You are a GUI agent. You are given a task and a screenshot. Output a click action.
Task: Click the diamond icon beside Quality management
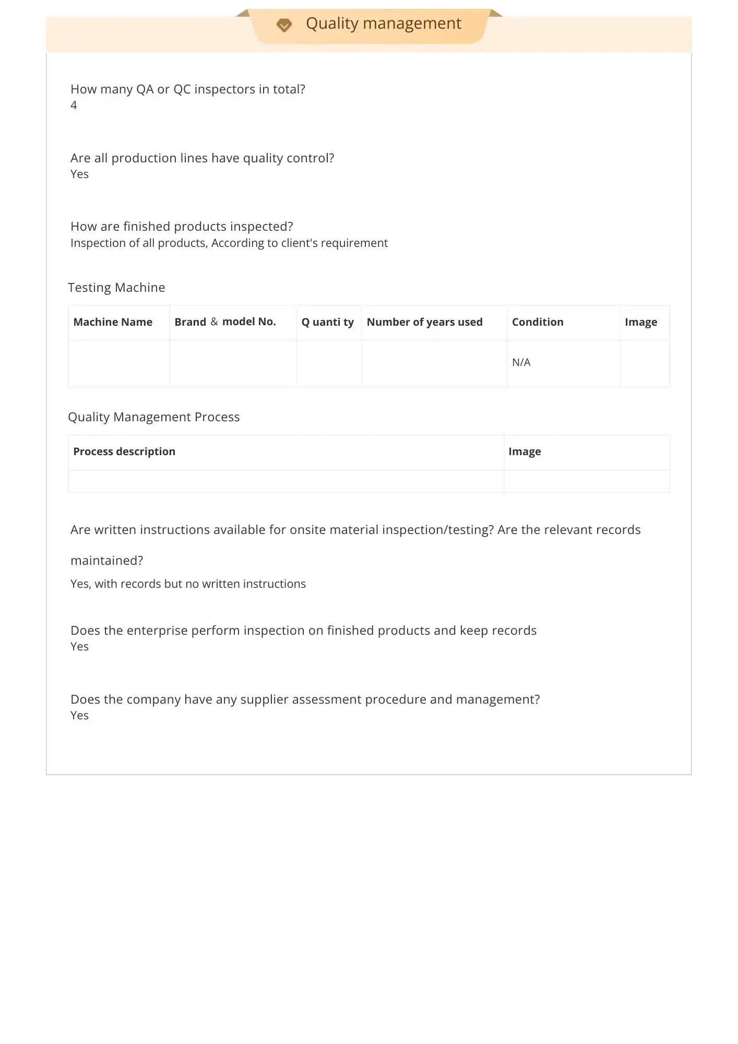coord(284,25)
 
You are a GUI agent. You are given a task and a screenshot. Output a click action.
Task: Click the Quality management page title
coord(383,23)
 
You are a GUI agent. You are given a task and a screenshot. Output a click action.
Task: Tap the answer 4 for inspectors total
coord(74,105)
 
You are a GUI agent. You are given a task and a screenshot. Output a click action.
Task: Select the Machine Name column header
coord(113,322)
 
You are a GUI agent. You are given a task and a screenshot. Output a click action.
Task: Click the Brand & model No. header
coord(225,322)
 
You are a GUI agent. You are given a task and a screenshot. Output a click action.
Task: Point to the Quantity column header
coord(327,322)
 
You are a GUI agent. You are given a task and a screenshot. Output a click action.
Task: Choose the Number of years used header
coord(424,322)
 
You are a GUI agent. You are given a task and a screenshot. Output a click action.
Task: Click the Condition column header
coord(538,322)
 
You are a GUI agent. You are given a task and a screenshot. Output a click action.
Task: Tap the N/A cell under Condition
coord(521,362)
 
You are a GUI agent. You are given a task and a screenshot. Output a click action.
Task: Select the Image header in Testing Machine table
coord(640,322)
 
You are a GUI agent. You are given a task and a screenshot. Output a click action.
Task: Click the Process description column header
coord(124,452)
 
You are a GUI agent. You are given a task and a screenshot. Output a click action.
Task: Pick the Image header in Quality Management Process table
coord(525,452)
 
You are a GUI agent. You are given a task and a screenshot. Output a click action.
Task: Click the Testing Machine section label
coord(116,288)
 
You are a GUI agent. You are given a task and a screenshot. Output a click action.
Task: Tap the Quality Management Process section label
coord(153,417)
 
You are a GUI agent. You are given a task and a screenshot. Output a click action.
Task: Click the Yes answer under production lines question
coord(79,174)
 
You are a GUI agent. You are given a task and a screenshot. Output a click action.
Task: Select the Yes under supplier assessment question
coord(79,716)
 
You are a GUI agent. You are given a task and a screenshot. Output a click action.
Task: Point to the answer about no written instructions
coord(188,584)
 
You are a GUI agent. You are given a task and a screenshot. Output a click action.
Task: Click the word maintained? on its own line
coord(106,561)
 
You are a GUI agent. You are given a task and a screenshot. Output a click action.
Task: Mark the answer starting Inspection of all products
coord(229,243)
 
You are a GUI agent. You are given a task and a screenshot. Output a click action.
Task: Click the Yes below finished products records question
coord(79,647)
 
